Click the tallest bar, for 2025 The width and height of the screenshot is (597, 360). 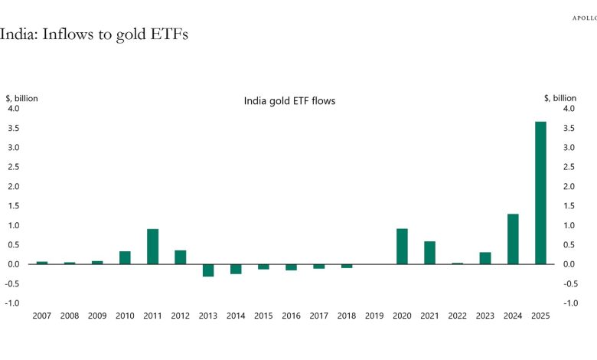(x=540, y=192)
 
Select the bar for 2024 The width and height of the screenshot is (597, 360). (x=513, y=239)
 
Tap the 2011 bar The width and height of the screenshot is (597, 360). (x=152, y=247)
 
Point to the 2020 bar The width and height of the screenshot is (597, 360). (x=402, y=247)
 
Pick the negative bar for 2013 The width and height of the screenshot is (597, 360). (x=208, y=270)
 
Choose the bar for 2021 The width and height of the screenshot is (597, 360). (x=429, y=253)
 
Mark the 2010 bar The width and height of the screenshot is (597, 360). (x=125, y=257)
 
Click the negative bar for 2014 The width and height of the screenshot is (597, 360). (x=236, y=269)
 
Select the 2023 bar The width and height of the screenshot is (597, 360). (x=485, y=258)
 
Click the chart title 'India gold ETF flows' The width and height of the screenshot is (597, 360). (x=289, y=100)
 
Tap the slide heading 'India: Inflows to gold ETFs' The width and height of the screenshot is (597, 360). (x=93, y=34)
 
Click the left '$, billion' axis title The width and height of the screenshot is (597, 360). (x=22, y=98)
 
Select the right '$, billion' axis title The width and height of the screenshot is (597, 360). (x=559, y=98)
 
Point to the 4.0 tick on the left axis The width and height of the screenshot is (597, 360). (x=15, y=109)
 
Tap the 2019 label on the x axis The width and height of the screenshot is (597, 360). (x=374, y=316)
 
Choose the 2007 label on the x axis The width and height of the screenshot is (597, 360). (x=41, y=316)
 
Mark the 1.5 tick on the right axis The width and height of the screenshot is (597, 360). (x=569, y=206)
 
